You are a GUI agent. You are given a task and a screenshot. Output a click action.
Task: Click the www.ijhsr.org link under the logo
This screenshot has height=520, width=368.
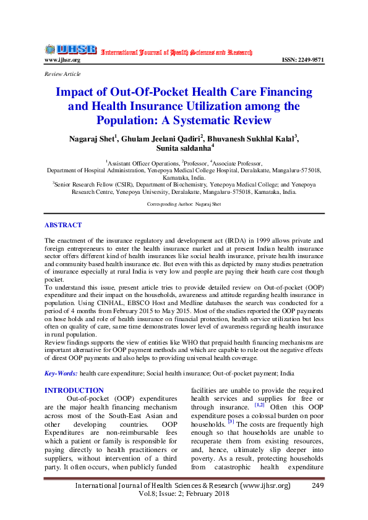(62, 61)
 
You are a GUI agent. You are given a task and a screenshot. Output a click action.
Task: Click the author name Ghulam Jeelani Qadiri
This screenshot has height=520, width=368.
(163, 137)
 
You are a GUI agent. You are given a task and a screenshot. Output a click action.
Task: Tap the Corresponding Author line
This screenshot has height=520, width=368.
(183, 203)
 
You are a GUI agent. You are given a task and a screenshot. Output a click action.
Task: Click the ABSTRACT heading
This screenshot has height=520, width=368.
(64, 225)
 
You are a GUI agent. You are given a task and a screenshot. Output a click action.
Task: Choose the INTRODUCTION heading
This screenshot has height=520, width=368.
(75, 390)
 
